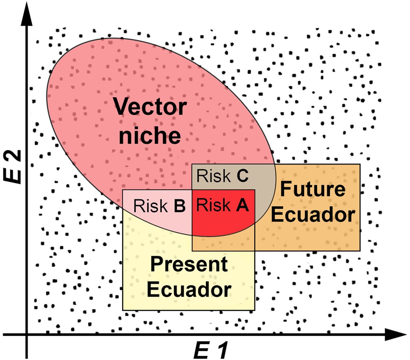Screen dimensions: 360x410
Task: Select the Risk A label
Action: point(223,205)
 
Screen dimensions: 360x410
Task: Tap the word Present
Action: point(189,265)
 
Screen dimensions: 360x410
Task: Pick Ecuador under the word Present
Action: point(189,290)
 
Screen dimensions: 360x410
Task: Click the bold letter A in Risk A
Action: point(242,205)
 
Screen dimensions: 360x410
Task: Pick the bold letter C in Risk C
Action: point(242,176)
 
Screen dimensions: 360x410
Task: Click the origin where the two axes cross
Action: point(27,335)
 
